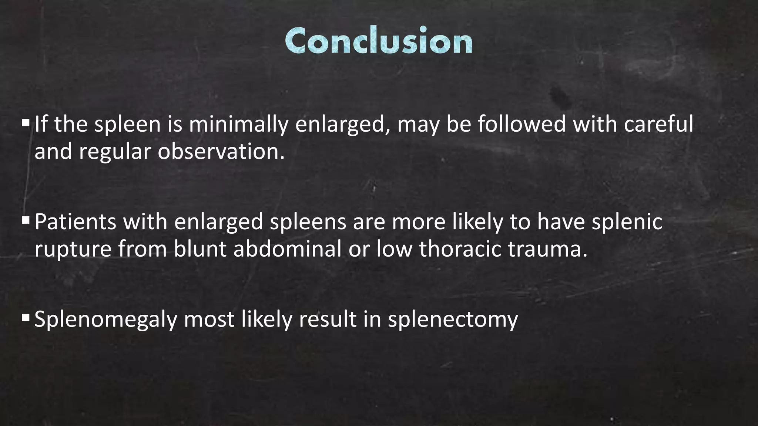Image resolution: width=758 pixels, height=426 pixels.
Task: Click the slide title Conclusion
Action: click(x=379, y=41)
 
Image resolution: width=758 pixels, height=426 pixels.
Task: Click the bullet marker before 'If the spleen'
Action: click(x=26, y=122)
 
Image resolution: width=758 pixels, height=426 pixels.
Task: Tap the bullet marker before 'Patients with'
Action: click(x=26, y=220)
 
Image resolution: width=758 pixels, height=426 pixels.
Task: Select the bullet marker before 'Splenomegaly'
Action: click(x=26, y=317)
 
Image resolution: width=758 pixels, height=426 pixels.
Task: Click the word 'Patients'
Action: click(x=76, y=222)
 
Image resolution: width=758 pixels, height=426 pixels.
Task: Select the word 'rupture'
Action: click(x=73, y=249)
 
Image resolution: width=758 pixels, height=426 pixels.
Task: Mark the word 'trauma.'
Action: click(x=547, y=249)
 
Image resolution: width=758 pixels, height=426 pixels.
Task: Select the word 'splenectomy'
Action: click(x=453, y=319)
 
